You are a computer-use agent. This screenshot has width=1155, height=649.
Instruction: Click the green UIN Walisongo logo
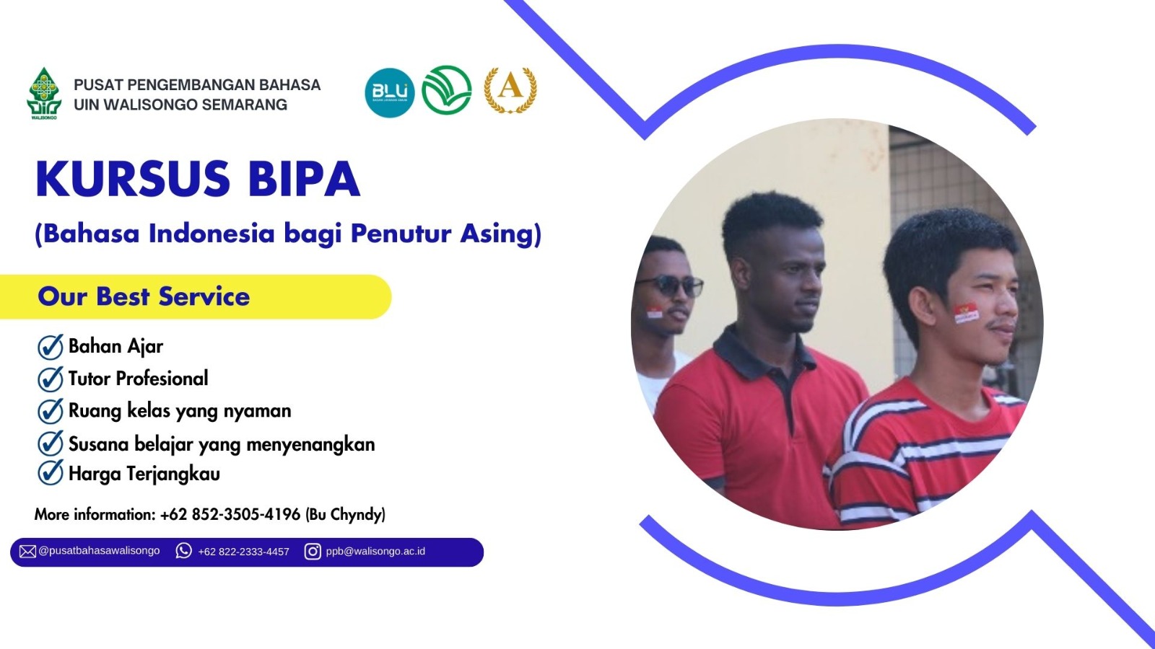click(x=44, y=93)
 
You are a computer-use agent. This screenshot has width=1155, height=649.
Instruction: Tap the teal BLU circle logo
click(x=390, y=93)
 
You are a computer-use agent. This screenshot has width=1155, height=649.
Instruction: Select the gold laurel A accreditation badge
click(x=510, y=90)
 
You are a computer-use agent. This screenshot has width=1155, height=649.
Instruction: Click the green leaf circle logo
click(x=447, y=90)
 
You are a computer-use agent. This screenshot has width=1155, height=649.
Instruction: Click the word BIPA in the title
click(x=304, y=179)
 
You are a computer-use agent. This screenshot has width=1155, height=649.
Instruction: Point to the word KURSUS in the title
click(x=133, y=179)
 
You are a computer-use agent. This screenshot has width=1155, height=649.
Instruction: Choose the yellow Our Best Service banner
click(x=196, y=296)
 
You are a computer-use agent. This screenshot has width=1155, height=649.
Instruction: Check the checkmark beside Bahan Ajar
click(x=51, y=347)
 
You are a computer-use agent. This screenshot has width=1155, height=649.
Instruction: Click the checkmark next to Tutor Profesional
click(x=51, y=379)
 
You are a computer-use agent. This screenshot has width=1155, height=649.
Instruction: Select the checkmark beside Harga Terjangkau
click(x=51, y=473)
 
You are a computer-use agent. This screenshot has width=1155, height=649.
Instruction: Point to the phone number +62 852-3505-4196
click(x=230, y=514)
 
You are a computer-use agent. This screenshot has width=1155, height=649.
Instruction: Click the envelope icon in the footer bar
click(x=27, y=552)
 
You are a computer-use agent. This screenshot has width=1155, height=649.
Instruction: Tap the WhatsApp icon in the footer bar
click(x=183, y=551)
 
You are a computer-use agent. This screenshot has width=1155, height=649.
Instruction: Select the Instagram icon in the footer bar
click(x=313, y=551)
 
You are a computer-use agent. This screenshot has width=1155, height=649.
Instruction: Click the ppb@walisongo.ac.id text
click(x=375, y=551)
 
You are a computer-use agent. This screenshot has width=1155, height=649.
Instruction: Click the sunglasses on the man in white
click(x=670, y=286)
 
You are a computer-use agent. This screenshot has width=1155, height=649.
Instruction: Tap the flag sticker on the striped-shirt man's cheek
click(x=966, y=313)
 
